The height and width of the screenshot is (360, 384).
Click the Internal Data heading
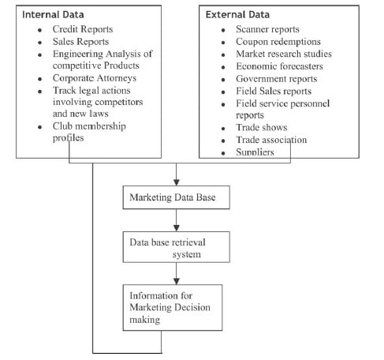(x=53, y=14)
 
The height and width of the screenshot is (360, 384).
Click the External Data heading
(x=237, y=14)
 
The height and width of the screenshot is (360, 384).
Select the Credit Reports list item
(x=83, y=29)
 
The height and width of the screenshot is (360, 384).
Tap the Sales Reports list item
(x=80, y=42)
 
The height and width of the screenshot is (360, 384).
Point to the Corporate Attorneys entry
(x=95, y=78)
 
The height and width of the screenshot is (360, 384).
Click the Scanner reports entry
(x=267, y=29)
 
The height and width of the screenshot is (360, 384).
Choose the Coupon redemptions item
(x=278, y=42)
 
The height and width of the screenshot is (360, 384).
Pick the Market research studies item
(x=284, y=54)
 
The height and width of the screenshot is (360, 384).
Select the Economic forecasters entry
(x=279, y=66)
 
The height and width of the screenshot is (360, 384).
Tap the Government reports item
(x=277, y=79)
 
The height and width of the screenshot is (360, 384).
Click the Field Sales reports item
(x=274, y=91)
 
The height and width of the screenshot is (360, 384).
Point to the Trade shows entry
(x=262, y=127)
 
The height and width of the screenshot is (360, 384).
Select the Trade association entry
(x=271, y=140)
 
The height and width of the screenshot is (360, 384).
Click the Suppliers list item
(x=255, y=152)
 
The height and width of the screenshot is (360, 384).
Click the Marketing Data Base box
(x=177, y=197)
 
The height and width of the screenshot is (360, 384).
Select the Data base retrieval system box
(x=177, y=247)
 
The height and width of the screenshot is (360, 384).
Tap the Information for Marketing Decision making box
(x=173, y=308)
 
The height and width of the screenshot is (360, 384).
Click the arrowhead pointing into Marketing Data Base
(x=177, y=182)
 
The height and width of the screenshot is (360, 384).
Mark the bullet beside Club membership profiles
(x=40, y=127)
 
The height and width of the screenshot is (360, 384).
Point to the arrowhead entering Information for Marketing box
(x=177, y=281)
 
